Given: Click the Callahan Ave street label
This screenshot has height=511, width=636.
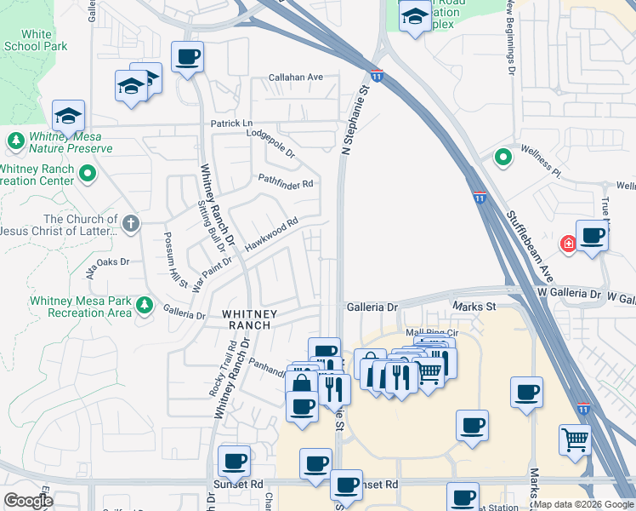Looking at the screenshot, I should pyautogui.click(x=296, y=78).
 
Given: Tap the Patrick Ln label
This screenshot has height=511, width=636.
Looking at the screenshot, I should pyautogui.click(x=232, y=124).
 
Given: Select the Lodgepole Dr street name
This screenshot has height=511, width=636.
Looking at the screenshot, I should pyautogui.click(x=270, y=144).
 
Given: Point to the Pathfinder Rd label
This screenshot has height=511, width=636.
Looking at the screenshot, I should pyautogui.click(x=286, y=183).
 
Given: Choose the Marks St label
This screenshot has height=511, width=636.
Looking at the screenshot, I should pyautogui.click(x=474, y=306).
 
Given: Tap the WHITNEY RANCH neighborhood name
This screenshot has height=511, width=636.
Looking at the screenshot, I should pyautogui.click(x=247, y=319).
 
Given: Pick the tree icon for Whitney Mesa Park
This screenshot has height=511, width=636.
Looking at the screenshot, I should pyautogui.click(x=145, y=305).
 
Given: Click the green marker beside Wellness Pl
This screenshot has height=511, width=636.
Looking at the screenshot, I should pyautogui.click(x=503, y=158).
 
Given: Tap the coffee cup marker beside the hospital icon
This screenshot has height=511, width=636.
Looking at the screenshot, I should pyautogui.click(x=592, y=236).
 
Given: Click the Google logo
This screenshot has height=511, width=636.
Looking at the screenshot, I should pyautogui.click(x=29, y=501).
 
